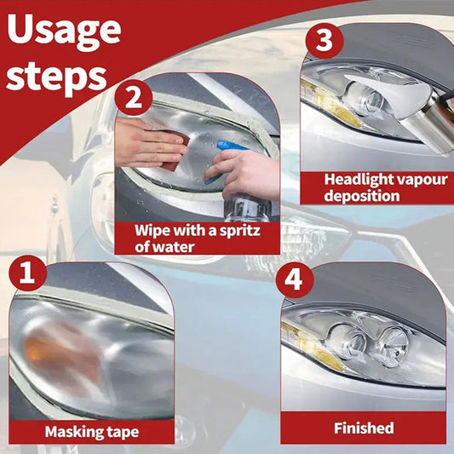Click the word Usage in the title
(x=64, y=33)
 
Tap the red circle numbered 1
(x=28, y=273)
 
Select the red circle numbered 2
(x=134, y=98)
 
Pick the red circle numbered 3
(x=325, y=41)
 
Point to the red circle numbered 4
(x=295, y=280)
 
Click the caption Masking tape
(x=92, y=432)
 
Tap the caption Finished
(x=364, y=428)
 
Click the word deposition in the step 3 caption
(x=362, y=196)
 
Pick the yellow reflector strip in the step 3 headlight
(x=330, y=104)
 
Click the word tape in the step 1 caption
(x=123, y=433)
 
